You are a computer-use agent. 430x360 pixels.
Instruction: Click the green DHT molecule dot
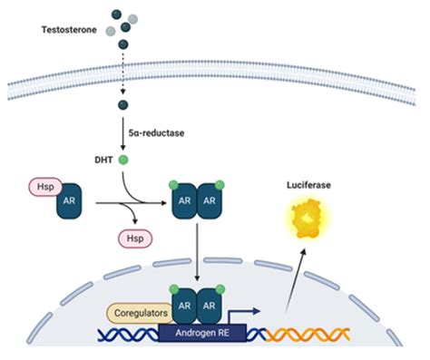(x=124, y=161)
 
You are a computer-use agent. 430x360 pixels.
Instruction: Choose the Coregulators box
(x=142, y=313)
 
